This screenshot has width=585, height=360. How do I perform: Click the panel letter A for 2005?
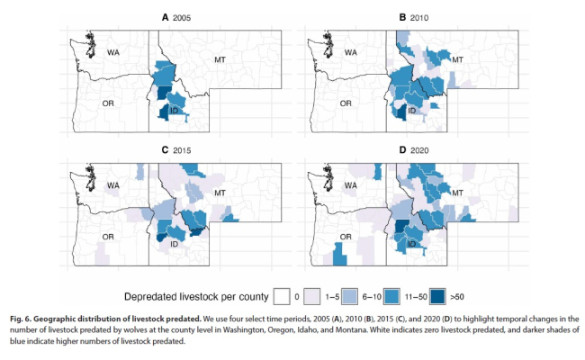tap(165, 17)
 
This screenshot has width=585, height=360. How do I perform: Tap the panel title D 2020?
tap(414, 149)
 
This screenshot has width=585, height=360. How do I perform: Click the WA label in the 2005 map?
tap(112, 52)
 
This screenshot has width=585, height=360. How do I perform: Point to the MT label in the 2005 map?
tap(220, 59)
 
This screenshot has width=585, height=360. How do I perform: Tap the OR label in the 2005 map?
tap(107, 102)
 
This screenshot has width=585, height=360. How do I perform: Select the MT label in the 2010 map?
tap(456, 59)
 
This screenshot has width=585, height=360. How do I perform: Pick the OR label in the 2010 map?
tap(345, 102)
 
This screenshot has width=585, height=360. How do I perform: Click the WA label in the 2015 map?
tap(112, 185)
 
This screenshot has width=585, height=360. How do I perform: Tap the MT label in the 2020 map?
tap(456, 192)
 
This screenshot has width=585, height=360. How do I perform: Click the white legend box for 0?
tap(281, 295)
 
